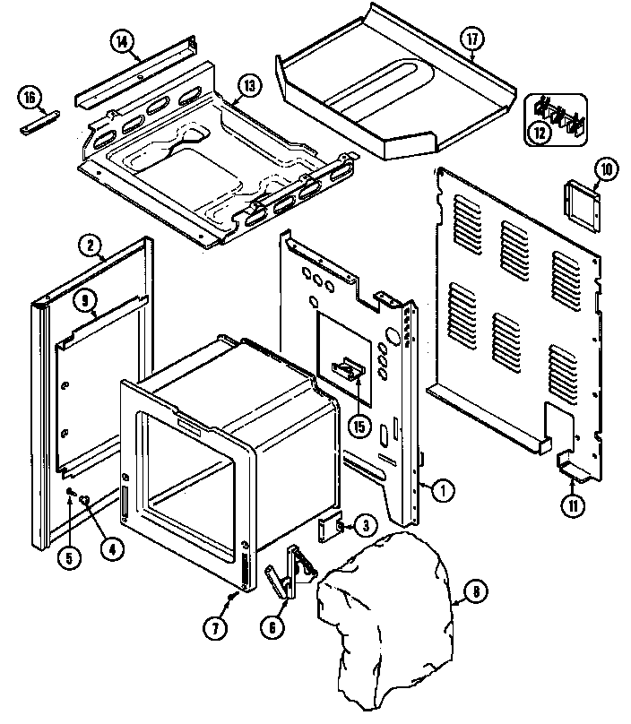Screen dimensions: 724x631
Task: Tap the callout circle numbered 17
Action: pyautogui.click(x=471, y=40)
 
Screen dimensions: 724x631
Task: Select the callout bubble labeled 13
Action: pyautogui.click(x=248, y=87)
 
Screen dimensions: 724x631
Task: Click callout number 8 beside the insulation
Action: pyautogui.click(x=477, y=591)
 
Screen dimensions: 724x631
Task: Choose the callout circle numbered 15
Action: pyautogui.click(x=359, y=426)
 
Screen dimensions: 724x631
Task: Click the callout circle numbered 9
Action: pyautogui.click(x=86, y=302)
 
